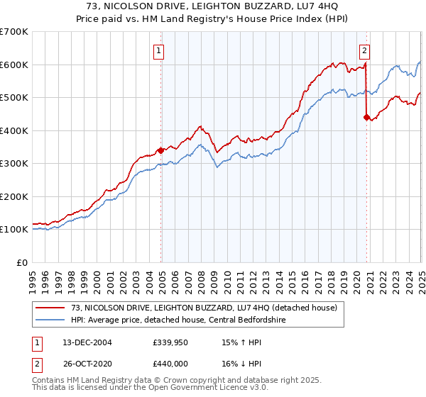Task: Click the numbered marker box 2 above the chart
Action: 364,50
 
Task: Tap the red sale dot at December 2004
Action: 161,150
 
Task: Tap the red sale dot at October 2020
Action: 367,118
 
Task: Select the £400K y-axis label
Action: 14,130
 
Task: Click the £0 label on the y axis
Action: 21,262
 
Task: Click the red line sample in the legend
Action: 50,308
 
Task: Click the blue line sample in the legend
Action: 50,320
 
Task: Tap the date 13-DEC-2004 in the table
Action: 82,342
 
